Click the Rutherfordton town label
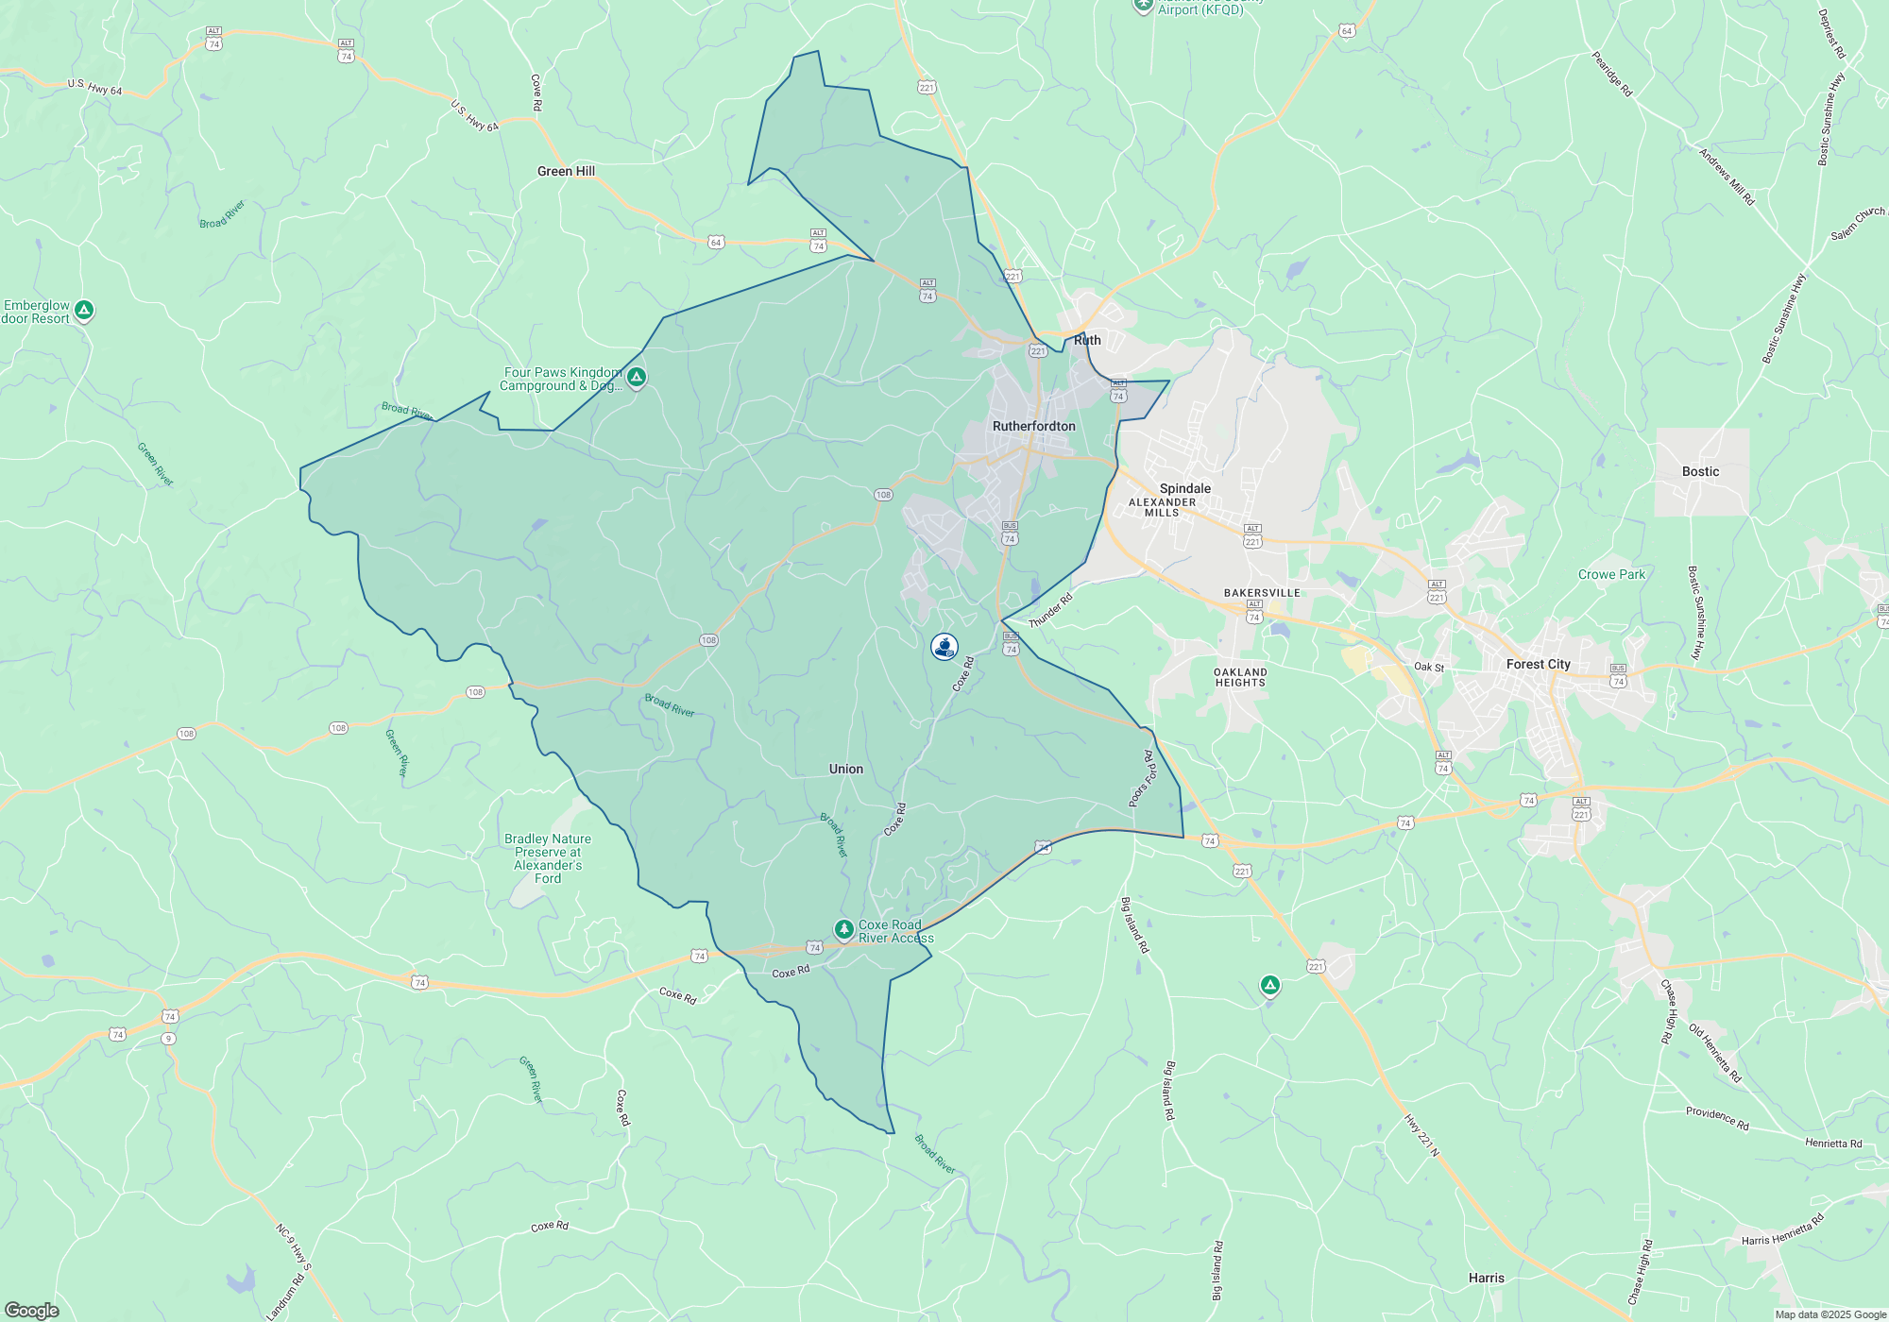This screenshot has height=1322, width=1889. coord(1033,426)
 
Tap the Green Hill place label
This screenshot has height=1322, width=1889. coord(566,171)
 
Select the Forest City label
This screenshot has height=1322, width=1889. coord(1538,664)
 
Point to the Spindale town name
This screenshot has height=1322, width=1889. coord(1184,488)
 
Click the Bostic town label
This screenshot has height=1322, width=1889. coord(1700,471)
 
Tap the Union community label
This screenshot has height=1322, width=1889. coord(845,769)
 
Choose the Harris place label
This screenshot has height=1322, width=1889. coord(1486,1278)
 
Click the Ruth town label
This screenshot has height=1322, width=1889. coord(1087,340)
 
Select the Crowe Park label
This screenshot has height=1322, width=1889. coord(1611,574)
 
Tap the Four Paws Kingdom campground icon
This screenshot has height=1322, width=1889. coord(637,378)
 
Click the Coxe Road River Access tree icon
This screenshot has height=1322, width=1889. coord(843,929)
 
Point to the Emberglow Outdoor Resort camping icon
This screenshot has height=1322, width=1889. coord(84,310)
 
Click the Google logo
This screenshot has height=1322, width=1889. coord(31,1310)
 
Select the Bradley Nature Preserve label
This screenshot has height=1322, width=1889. coord(548,858)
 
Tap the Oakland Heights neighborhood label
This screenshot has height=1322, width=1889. coord(1240,677)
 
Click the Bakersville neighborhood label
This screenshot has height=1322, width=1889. coord(1262,593)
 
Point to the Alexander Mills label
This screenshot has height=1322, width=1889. coord(1162,507)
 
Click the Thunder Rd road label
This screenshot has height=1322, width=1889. coord(1050,610)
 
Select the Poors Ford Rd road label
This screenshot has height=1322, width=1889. coord(1143,779)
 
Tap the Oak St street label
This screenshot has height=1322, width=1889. coord(1428,667)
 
